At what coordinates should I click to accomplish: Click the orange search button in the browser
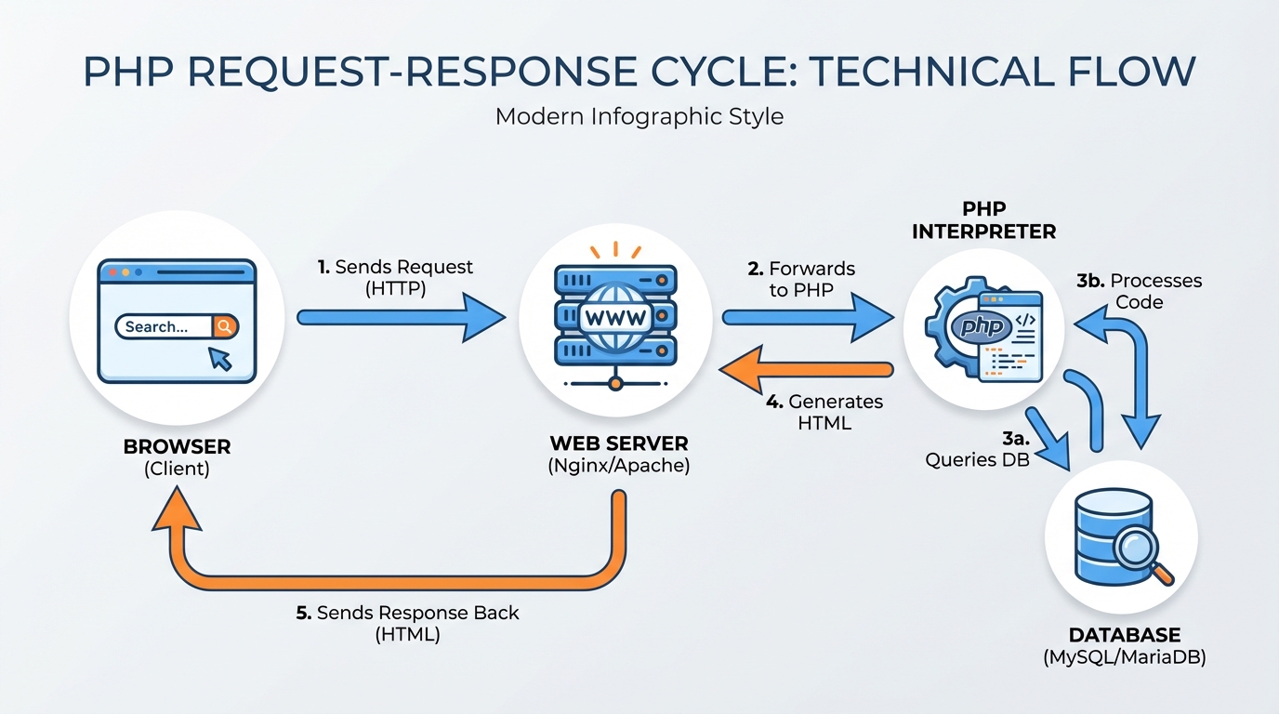(x=224, y=326)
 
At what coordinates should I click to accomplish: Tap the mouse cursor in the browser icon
(x=220, y=358)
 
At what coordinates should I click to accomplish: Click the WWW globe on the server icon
(x=613, y=317)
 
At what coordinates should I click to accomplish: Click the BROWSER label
(x=177, y=447)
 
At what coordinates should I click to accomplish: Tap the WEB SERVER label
(x=618, y=443)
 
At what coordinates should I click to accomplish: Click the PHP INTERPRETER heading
(x=983, y=221)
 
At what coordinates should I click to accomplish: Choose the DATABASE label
(x=1125, y=636)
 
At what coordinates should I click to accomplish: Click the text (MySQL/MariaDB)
(x=1125, y=658)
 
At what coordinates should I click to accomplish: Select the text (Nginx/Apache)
(x=618, y=466)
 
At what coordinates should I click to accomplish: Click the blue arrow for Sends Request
(x=400, y=318)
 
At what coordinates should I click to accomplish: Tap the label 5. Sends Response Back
(x=407, y=614)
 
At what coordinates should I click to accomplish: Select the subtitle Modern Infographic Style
(x=639, y=117)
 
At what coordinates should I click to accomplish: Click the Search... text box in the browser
(x=163, y=326)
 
